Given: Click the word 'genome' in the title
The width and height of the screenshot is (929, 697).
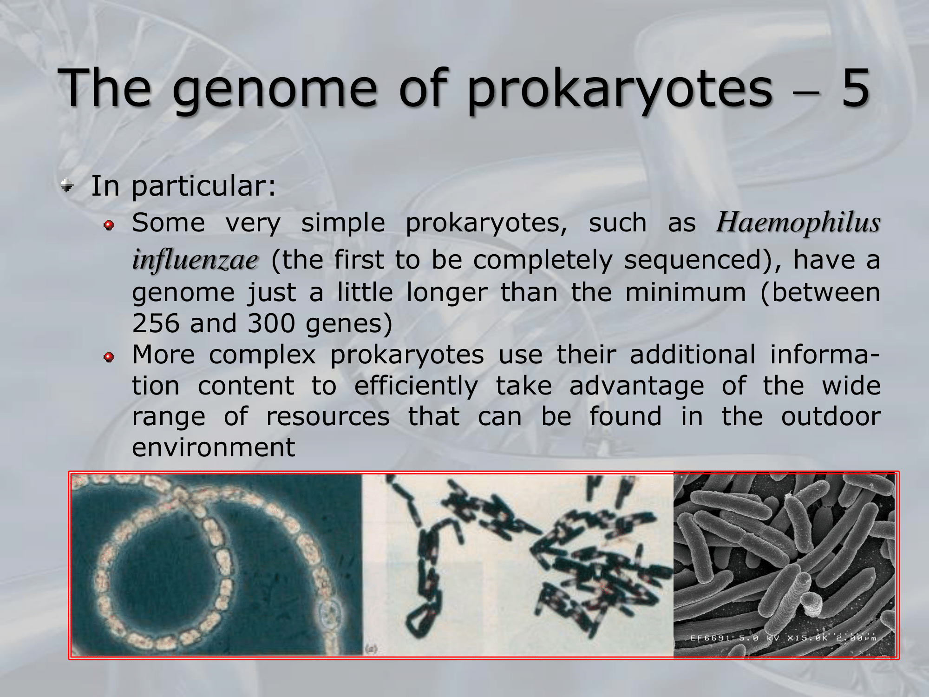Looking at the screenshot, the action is [275, 89].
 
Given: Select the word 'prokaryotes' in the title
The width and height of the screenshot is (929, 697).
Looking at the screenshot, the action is [620, 89].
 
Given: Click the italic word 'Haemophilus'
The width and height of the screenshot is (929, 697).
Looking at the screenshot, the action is [798, 223].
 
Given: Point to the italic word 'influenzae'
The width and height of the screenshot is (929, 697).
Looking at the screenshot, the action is [195, 259].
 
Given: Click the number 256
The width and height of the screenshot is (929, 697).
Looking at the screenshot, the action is [155, 323].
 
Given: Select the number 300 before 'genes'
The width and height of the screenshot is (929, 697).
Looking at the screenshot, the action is [271, 323].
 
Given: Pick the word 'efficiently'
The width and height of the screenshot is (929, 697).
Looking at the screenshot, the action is [416, 386].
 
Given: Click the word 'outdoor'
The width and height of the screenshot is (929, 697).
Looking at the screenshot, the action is [831, 416].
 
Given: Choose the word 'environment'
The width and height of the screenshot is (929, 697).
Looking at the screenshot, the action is [214, 447].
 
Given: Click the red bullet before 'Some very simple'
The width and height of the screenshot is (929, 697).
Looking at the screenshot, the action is [109, 225].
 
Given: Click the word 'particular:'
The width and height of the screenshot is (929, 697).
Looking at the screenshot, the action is [204, 187].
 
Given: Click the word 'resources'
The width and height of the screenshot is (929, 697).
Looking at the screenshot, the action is [328, 416].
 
